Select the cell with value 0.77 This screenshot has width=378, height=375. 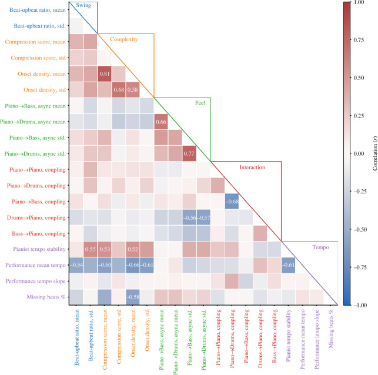click(189, 153)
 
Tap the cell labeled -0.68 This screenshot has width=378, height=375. click(232, 201)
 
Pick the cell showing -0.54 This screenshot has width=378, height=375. click(76, 264)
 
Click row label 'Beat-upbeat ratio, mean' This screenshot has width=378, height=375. click(34, 11)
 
